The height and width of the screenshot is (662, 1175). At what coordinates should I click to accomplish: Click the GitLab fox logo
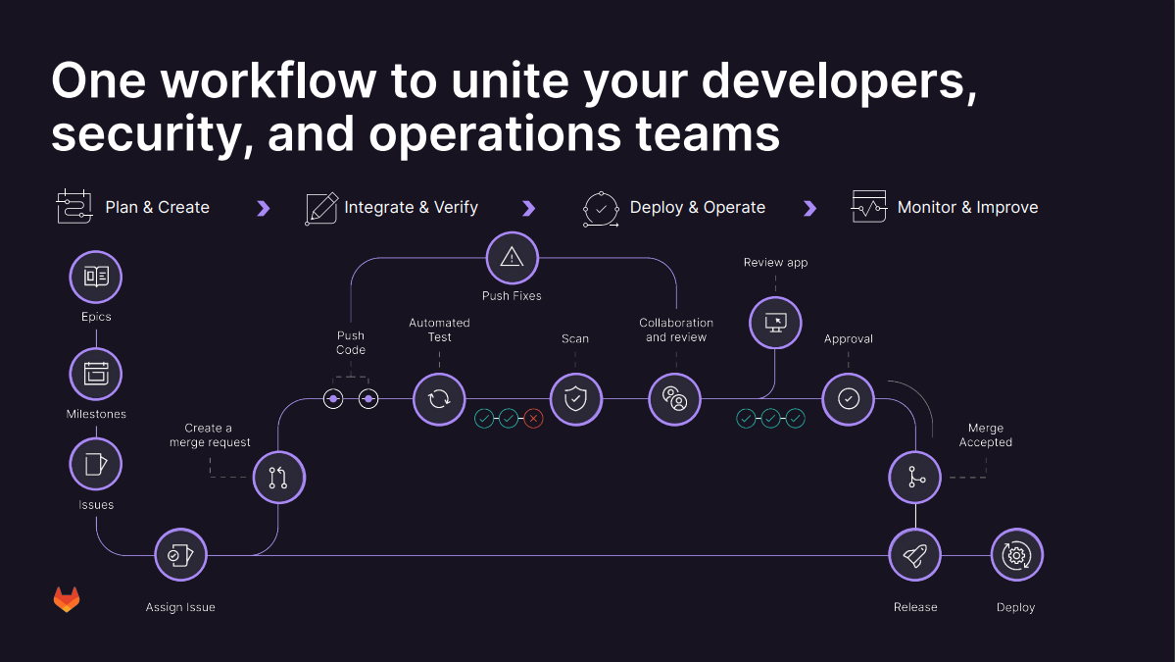pos(67,600)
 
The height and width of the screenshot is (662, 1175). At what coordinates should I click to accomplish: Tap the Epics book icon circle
pos(96,277)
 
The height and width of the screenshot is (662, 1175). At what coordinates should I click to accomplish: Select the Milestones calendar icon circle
pos(96,374)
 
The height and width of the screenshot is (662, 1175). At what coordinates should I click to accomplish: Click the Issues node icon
pos(96,464)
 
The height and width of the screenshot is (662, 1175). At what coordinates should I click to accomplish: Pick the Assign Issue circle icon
pos(181,555)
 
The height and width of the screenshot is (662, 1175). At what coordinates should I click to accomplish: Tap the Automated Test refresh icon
pos(439,398)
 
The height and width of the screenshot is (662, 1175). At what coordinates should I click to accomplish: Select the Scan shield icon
pos(575,398)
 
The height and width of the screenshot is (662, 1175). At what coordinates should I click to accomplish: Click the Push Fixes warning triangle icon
pos(512,258)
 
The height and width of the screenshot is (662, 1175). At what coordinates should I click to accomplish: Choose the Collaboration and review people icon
pos(675,398)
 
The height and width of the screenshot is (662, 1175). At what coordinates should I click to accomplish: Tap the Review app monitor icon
pos(775,322)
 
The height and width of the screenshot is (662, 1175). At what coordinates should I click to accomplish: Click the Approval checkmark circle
pos(849,398)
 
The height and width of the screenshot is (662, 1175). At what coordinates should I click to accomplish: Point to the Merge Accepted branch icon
pos(915,478)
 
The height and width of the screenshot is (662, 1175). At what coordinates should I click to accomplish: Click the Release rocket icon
pos(915,555)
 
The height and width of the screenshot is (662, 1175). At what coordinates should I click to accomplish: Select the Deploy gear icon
pos(1016,555)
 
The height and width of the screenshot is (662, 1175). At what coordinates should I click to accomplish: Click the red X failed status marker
pos(533,419)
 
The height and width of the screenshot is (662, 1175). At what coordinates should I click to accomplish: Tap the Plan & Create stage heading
pos(157,208)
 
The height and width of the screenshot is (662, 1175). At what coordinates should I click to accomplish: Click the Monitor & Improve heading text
pos(967,208)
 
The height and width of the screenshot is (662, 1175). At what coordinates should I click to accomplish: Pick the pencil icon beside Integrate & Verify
pos(321,208)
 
